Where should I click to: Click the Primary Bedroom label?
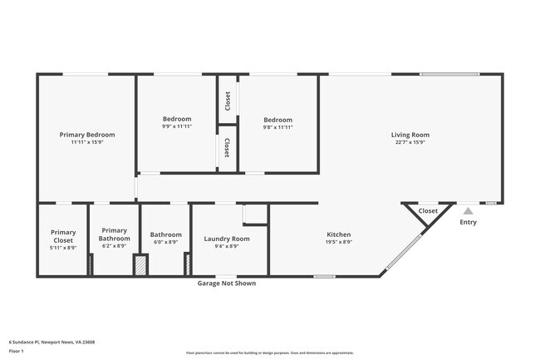(x=87, y=134)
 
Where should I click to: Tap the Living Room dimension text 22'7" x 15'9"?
(x=410, y=142)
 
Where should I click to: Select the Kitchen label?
(x=338, y=234)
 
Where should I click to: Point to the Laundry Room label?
(x=227, y=239)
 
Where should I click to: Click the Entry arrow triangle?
(x=469, y=211)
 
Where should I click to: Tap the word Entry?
(x=469, y=222)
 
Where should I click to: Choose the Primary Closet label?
(x=63, y=236)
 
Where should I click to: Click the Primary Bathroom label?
(x=114, y=234)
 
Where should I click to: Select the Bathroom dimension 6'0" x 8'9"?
(x=166, y=242)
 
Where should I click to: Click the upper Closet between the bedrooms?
(x=227, y=101)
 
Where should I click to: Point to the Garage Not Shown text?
(x=226, y=284)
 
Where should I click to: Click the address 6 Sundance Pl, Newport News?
(x=52, y=341)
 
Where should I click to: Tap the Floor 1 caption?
(x=17, y=351)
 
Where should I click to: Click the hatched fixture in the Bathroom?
(x=140, y=265)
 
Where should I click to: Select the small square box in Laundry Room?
(x=255, y=214)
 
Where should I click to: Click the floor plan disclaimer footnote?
(x=270, y=353)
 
